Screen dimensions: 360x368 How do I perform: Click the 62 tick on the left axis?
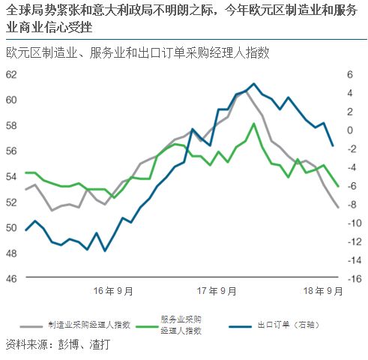(x=10, y=74)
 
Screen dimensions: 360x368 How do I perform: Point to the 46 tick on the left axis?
(x=10, y=278)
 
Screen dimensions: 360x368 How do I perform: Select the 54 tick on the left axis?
(x=10, y=176)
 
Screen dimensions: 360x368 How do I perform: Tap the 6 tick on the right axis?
(x=350, y=74)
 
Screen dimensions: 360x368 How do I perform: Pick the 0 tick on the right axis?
(x=350, y=130)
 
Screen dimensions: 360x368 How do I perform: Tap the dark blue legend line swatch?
(x=240, y=325)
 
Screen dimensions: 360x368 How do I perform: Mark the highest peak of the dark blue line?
(x=253, y=83)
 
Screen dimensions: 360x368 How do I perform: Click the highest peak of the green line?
(x=254, y=124)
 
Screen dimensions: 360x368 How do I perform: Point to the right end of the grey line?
(x=338, y=207)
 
